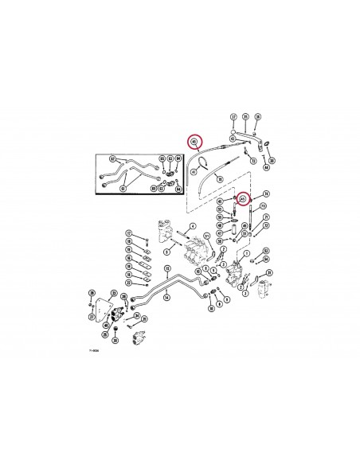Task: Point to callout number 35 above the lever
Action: pos(246,117)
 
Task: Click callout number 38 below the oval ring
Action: pos(272,161)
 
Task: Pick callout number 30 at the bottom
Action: pos(115,340)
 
